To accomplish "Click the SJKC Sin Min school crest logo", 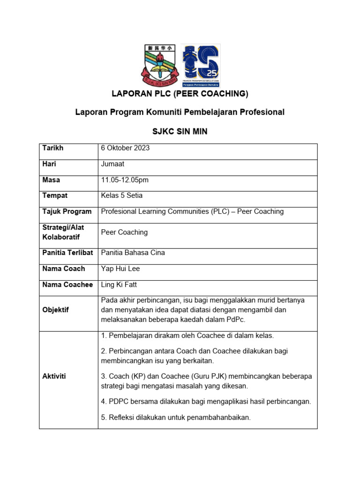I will pos(159,64).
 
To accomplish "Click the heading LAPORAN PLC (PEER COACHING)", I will pos(180,94).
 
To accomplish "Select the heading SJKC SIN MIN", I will pos(180,132).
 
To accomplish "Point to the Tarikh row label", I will pos(53,148).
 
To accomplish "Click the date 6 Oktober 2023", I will pos(125,148).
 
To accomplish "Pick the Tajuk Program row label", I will pos(67,211).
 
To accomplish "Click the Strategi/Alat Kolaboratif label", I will pos(63,232).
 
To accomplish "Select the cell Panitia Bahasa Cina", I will pos(133,253).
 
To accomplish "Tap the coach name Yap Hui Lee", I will pos(120,269).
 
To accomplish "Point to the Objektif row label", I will pos(56,310).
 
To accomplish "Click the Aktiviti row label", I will pos(54,376).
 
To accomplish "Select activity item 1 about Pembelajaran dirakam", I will pos(187,336).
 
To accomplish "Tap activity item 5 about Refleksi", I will pos(176,417).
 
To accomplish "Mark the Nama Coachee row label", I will pos(67,285).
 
